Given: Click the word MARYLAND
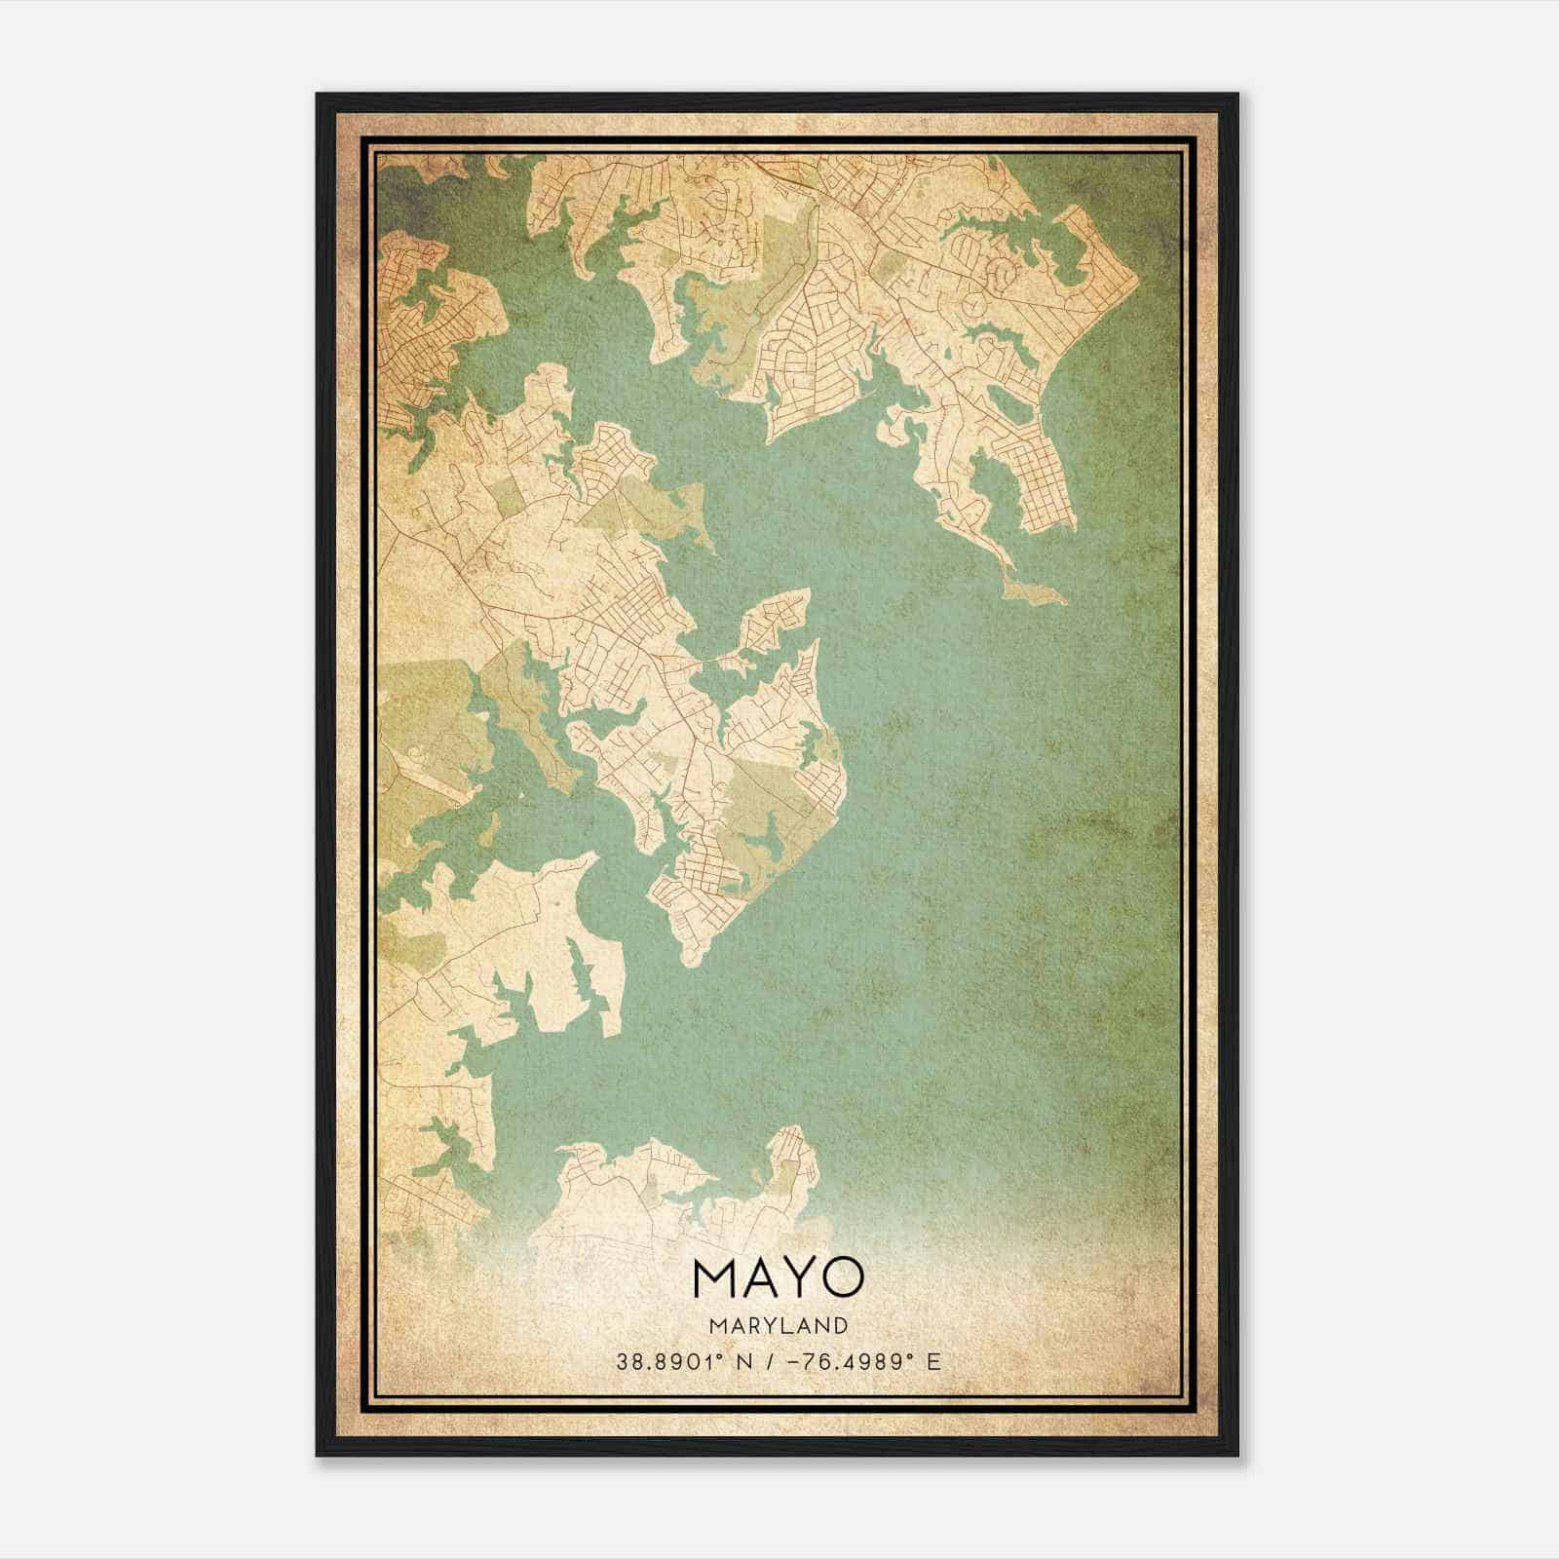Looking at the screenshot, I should [779, 1325].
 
